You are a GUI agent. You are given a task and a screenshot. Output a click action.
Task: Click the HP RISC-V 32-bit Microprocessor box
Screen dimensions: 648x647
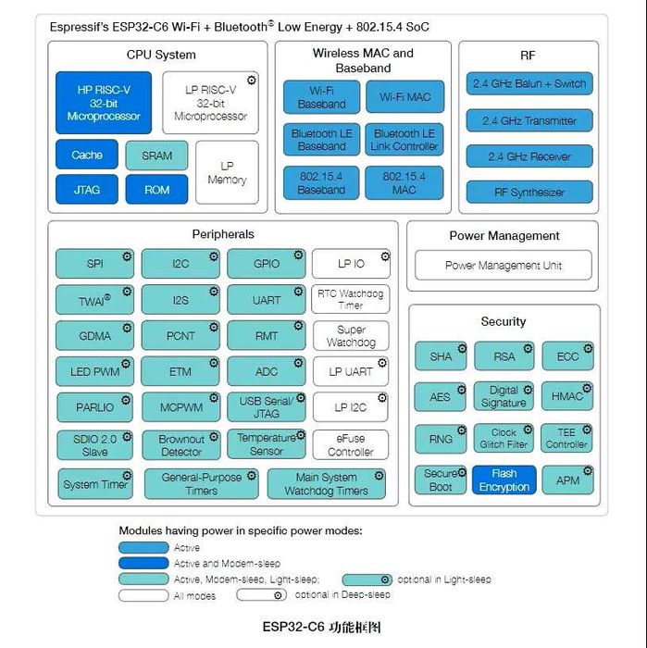point(104,103)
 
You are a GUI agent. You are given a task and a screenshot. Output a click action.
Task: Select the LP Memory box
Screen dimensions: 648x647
point(227,172)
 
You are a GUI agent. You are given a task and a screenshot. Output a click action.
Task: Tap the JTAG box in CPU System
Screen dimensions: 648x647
point(87,191)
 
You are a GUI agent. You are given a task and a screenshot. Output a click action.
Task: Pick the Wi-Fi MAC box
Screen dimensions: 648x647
point(404,97)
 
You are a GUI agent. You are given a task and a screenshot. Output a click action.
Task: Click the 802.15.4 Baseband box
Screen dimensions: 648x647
point(321,182)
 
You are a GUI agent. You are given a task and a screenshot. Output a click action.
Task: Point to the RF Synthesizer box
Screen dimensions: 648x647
point(529,193)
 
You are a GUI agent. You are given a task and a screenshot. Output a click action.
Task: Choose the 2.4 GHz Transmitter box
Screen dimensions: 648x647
point(529,120)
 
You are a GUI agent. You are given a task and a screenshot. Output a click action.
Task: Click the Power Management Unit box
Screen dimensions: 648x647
point(503,266)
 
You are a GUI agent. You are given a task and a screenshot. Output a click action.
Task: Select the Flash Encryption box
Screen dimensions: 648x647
point(504,480)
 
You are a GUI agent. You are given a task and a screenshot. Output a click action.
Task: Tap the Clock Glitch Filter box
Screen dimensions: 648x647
point(504,438)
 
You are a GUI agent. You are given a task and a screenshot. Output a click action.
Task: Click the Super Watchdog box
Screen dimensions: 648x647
point(350,335)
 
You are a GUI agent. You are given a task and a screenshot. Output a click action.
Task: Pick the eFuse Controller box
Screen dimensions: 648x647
point(350,445)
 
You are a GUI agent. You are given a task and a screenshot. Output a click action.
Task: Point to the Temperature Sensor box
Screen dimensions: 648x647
point(266,444)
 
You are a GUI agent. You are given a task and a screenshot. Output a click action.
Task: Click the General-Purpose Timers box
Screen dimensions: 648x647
point(201,484)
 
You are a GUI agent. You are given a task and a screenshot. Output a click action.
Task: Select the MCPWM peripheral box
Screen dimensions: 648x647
point(180,407)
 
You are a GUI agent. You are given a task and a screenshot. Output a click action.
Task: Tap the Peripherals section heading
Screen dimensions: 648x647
point(222,234)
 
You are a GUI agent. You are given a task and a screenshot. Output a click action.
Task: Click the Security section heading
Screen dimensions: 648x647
point(503,321)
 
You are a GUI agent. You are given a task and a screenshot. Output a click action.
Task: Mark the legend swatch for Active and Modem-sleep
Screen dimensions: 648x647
point(143,563)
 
